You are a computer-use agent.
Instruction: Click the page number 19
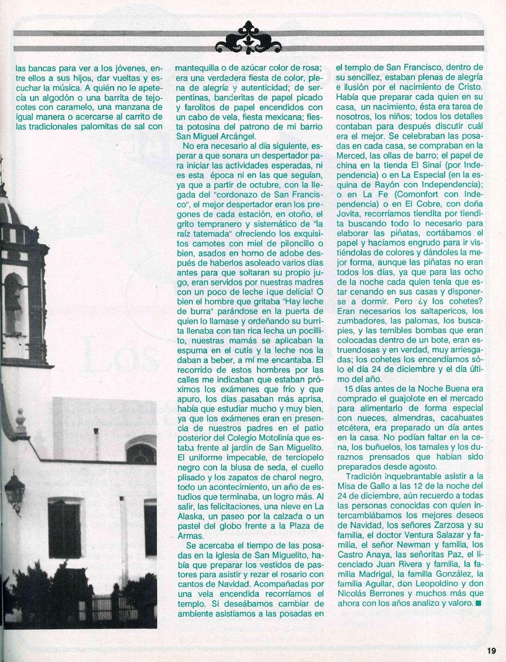point(490,650)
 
